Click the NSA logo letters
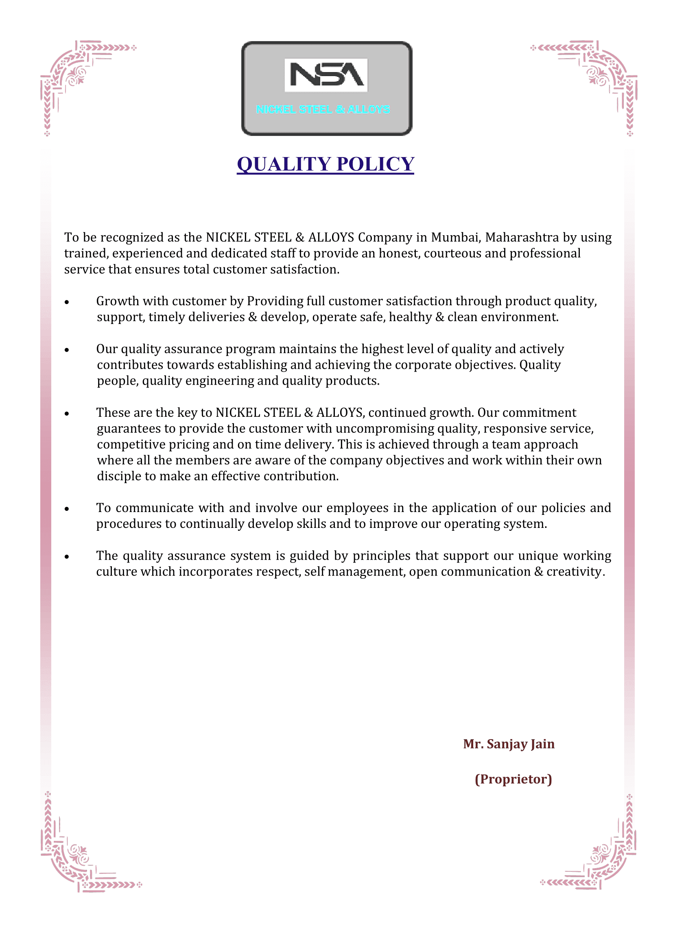326,75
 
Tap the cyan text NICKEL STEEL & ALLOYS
323,109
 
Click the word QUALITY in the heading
284,164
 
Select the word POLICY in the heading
375,164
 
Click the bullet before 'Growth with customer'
67,302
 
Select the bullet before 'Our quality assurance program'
67,350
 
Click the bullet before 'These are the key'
67,414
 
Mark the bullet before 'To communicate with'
67,509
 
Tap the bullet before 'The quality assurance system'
67,557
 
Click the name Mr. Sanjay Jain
509,744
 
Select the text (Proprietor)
513,779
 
